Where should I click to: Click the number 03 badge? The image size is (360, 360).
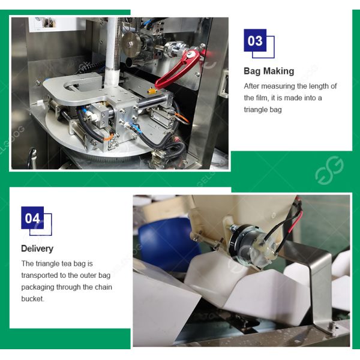tap(255, 41)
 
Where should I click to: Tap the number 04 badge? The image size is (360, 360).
tap(32, 218)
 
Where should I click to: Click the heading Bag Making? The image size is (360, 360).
tap(269, 71)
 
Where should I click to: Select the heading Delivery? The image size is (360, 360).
tap(37, 248)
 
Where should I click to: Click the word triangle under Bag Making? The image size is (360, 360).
tap(258, 110)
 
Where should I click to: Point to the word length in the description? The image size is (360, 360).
tap(317, 86)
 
